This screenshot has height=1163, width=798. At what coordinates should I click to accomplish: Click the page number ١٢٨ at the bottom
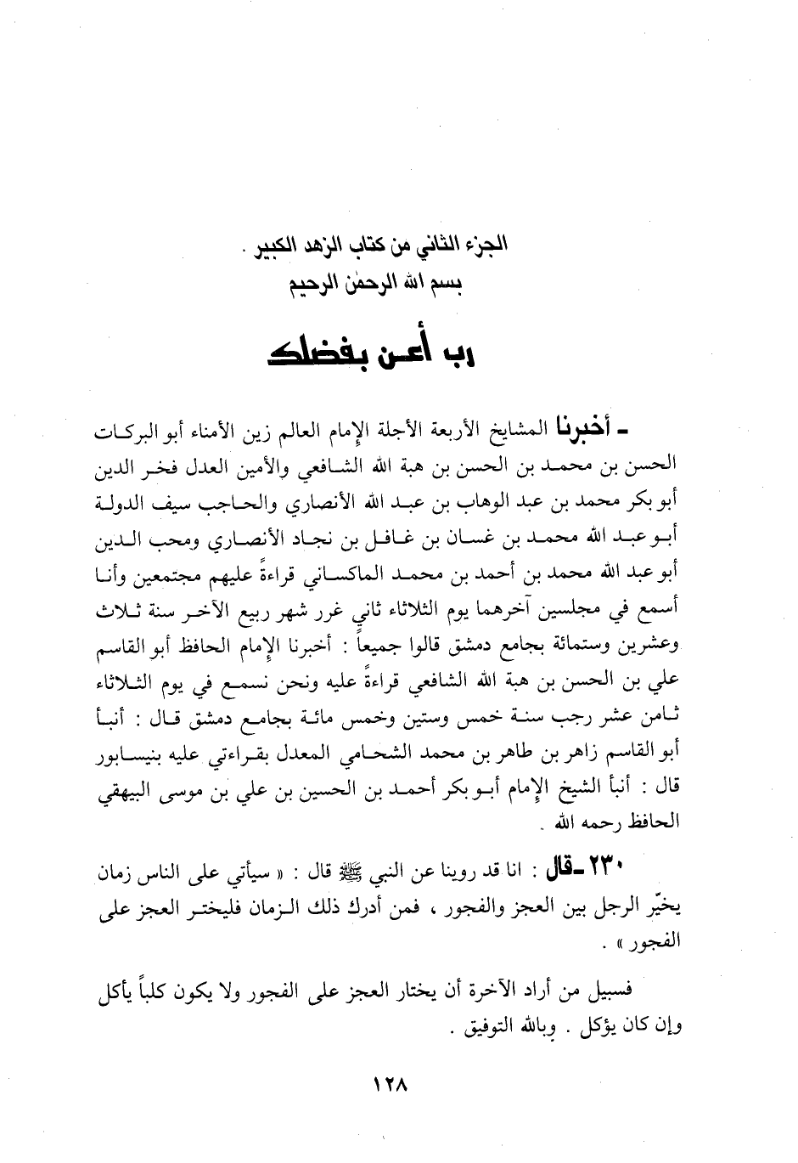pyautogui.click(x=391, y=1086)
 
